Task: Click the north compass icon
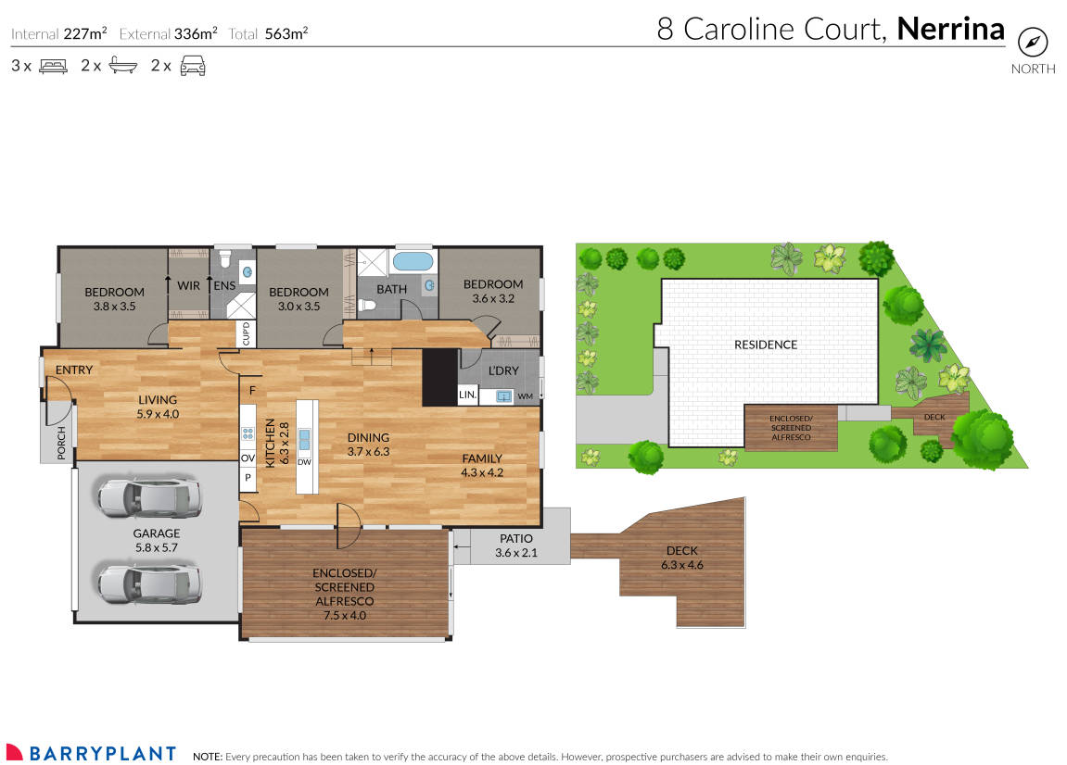(1033, 43)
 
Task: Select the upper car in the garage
(149, 498)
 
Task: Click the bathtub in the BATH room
(412, 261)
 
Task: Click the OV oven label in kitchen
(248, 458)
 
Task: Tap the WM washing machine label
(526, 396)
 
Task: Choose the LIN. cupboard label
(468, 395)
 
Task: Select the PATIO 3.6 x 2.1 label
(516, 546)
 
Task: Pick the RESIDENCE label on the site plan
(766, 345)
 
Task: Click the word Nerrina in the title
(951, 29)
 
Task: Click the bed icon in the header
(53, 66)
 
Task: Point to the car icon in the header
(192, 66)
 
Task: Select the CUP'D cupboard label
(246, 333)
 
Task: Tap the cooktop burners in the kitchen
(248, 433)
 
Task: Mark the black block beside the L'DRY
(439, 377)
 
